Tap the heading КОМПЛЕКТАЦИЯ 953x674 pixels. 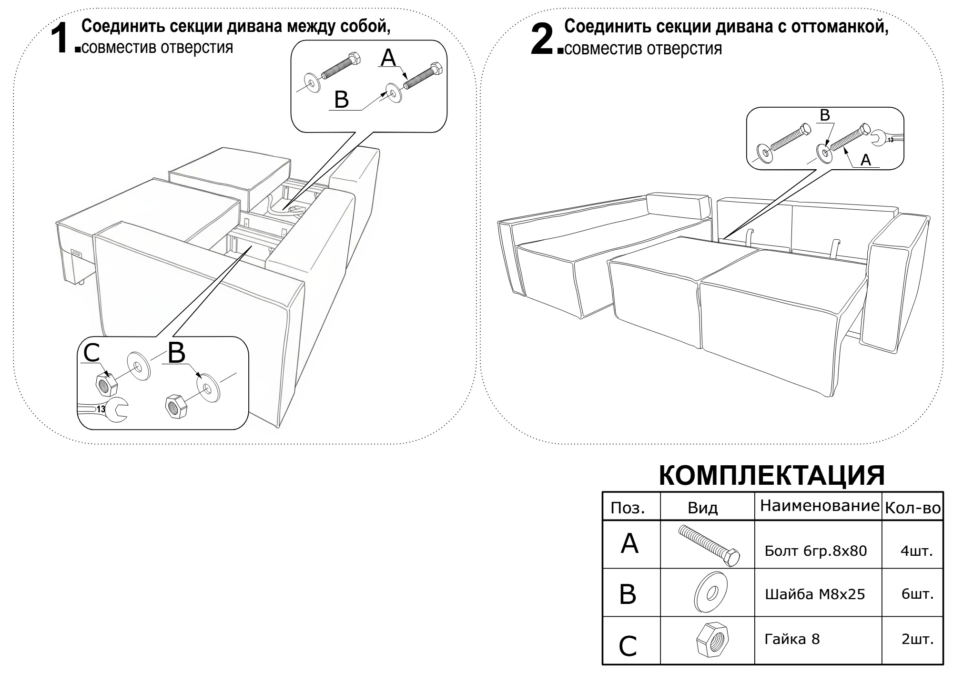click(x=772, y=475)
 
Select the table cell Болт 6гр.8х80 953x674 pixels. click(x=815, y=551)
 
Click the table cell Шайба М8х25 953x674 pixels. click(x=814, y=594)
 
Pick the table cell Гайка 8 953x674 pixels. click(x=792, y=639)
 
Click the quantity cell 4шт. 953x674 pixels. click(x=916, y=551)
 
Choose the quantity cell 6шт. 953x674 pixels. click(x=916, y=594)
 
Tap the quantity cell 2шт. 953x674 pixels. click(x=916, y=639)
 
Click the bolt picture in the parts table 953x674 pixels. click(x=709, y=545)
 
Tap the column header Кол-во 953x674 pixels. click(x=912, y=509)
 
